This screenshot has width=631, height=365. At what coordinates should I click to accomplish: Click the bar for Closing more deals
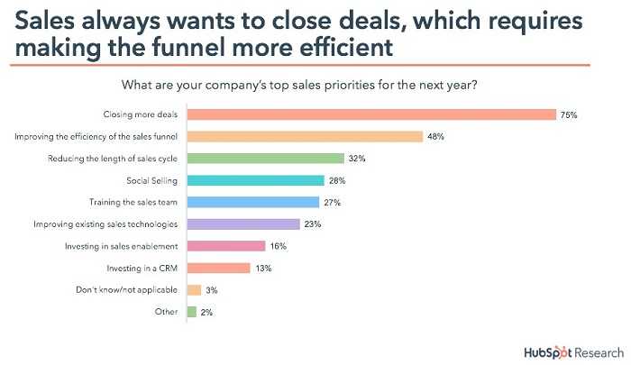click(x=370, y=114)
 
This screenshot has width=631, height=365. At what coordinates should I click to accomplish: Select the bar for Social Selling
click(x=255, y=180)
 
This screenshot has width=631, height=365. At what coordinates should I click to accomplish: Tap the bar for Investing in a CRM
click(x=217, y=268)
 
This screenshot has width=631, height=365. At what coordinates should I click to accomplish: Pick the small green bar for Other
click(x=191, y=312)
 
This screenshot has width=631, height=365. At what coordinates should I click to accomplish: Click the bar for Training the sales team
click(x=252, y=202)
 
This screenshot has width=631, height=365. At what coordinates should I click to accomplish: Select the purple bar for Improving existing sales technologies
click(x=242, y=224)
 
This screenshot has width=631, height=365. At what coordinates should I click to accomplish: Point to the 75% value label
click(x=569, y=114)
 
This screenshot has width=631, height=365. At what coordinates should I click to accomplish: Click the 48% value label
click(x=436, y=137)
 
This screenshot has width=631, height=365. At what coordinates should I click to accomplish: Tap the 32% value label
click(x=358, y=159)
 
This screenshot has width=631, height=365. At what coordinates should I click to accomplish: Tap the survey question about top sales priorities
click(x=306, y=86)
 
